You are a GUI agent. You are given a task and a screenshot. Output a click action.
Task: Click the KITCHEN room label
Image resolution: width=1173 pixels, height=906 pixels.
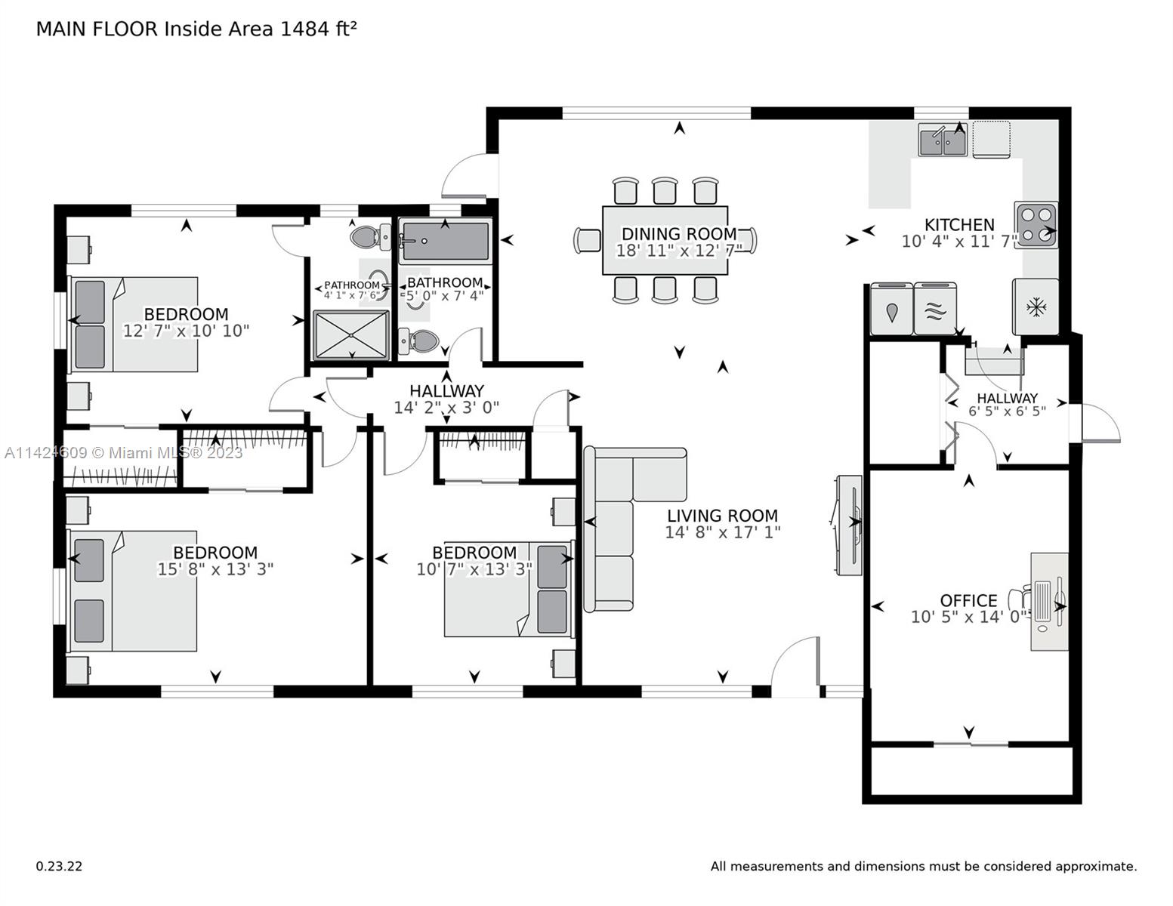[x=959, y=224]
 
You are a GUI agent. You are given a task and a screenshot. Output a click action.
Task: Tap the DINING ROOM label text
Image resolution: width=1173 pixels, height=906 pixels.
[x=679, y=233]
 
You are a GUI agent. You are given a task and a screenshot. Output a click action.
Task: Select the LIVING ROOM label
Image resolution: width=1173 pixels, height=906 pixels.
[x=722, y=516]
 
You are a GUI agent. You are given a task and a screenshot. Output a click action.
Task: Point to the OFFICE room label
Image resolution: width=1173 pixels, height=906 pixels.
[x=968, y=600]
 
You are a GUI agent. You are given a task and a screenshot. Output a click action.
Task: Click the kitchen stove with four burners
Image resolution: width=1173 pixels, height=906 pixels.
[x=1036, y=224]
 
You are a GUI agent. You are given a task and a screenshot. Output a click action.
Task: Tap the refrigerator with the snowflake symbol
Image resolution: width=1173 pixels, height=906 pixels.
[x=1036, y=307]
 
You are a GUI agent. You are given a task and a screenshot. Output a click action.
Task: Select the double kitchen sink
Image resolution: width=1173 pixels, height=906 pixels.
[x=943, y=140]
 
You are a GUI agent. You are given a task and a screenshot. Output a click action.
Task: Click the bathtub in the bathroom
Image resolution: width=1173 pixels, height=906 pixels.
[x=446, y=241]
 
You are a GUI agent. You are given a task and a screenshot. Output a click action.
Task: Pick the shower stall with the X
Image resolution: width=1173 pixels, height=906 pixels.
[x=351, y=335]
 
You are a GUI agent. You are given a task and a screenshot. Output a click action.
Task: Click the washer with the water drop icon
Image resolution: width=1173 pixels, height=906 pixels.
[x=892, y=310]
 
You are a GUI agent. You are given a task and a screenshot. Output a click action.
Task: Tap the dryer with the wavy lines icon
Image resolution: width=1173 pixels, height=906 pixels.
[x=935, y=310]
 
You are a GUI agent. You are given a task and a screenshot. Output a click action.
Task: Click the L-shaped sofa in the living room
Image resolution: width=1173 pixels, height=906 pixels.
[x=626, y=522]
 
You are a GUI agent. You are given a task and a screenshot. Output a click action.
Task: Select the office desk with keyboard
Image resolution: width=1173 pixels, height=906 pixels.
[x=1049, y=601]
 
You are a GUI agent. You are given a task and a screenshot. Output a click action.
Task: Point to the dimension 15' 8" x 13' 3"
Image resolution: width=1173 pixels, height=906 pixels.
[x=215, y=569]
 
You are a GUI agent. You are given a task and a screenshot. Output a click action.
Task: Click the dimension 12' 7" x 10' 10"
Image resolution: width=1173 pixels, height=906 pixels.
[x=187, y=331]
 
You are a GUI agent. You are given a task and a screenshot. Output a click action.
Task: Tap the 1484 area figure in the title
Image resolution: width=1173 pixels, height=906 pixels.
[x=304, y=29]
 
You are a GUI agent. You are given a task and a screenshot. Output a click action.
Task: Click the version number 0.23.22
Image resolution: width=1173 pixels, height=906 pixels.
[x=60, y=867]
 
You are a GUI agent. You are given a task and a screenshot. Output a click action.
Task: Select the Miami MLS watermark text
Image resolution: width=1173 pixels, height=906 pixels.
[x=124, y=453]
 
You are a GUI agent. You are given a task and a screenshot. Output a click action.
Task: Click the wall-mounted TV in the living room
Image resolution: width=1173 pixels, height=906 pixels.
[x=847, y=525]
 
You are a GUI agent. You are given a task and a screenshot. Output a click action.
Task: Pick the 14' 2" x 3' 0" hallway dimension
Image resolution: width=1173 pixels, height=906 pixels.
[x=446, y=408]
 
